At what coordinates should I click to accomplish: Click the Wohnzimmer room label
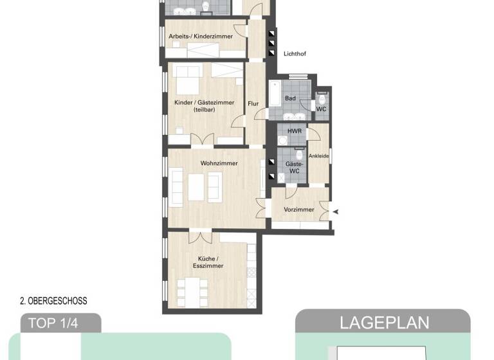click(x=219, y=163)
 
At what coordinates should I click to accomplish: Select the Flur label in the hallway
click(x=253, y=103)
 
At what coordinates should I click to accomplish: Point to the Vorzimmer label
click(x=299, y=210)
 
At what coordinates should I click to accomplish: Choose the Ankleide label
click(x=319, y=156)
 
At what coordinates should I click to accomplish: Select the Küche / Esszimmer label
click(x=208, y=262)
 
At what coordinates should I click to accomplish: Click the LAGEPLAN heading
click(x=383, y=322)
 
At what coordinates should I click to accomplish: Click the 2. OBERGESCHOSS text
click(x=53, y=300)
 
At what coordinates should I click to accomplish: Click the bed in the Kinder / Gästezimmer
click(x=186, y=80)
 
